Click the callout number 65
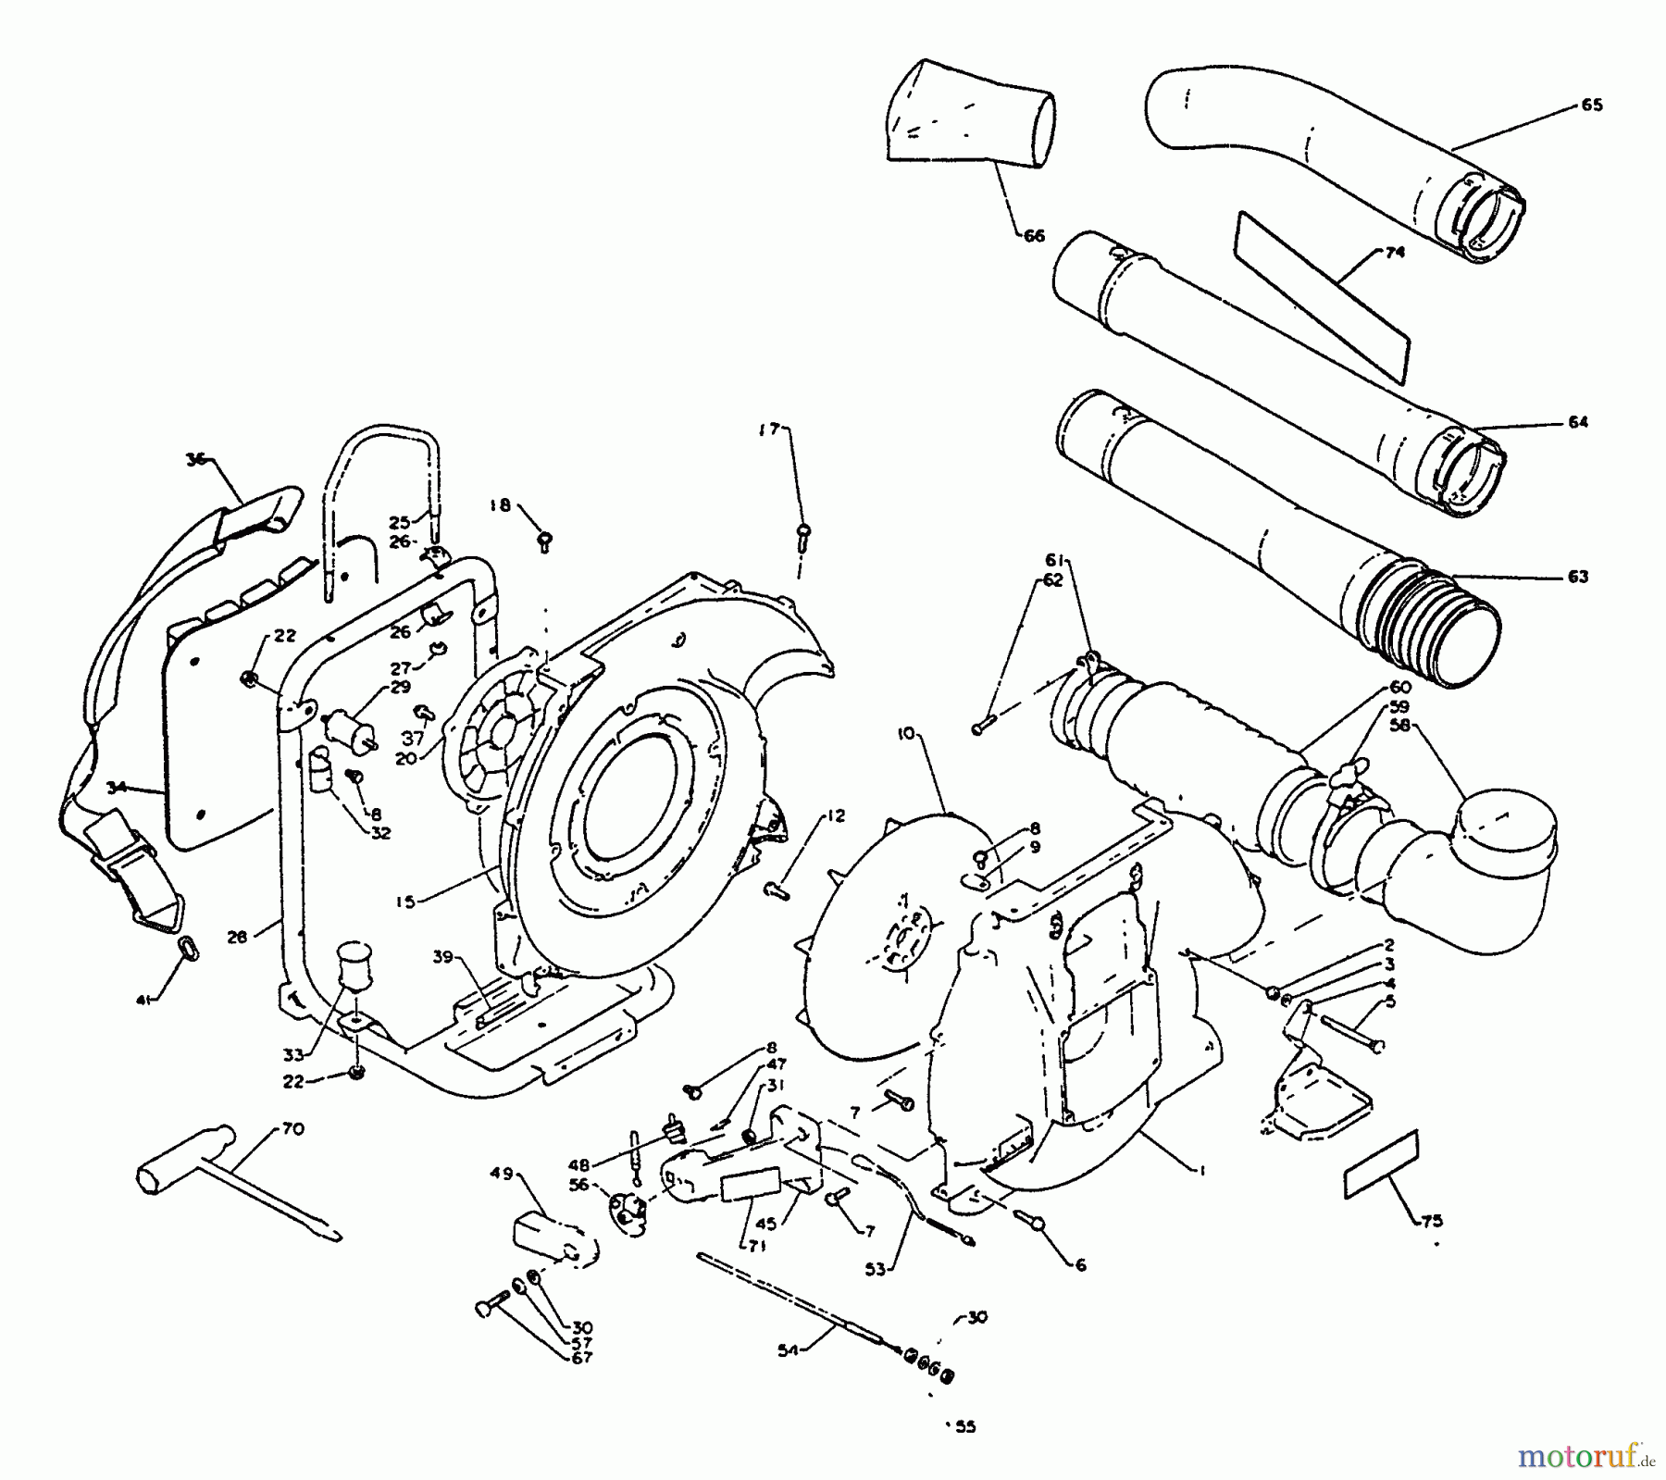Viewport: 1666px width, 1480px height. click(x=1591, y=106)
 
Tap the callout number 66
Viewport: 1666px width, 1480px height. click(x=1034, y=236)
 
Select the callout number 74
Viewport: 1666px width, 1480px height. click(x=1394, y=252)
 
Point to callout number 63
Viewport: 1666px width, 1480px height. click(x=1577, y=577)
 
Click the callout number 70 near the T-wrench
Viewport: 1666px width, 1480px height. click(x=292, y=1129)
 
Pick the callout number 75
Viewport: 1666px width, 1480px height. click(x=1431, y=1221)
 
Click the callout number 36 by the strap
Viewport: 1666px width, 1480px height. click(x=195, y=457)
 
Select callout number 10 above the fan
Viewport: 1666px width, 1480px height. click(x=905, y=734)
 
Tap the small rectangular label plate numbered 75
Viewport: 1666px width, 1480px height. click(x=1380, y=1164)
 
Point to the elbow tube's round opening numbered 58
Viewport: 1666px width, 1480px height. click(x=1505, y=821)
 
